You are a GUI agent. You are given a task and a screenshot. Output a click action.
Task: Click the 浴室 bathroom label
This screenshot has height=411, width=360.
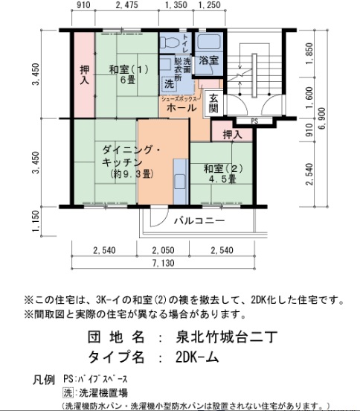pos(208,60)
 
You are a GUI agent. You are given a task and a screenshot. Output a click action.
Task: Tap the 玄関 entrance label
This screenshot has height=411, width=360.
pos(213,103)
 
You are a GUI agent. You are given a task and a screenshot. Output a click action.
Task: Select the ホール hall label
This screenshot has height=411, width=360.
pos(181,108)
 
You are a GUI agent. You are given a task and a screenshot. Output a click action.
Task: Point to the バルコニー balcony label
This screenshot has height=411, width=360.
pos(199,220)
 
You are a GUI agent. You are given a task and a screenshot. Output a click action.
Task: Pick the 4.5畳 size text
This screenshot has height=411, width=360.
pos(222,179)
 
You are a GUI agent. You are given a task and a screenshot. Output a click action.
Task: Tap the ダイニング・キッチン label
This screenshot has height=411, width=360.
pos(133,155)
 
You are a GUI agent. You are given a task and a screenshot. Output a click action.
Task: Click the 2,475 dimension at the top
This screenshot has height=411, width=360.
pos(127,6)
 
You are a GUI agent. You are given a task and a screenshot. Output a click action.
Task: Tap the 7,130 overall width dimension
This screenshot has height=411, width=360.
pos(164,263)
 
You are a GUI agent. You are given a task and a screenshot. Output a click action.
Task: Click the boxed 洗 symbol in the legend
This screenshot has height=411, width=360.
pos(69,392)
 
